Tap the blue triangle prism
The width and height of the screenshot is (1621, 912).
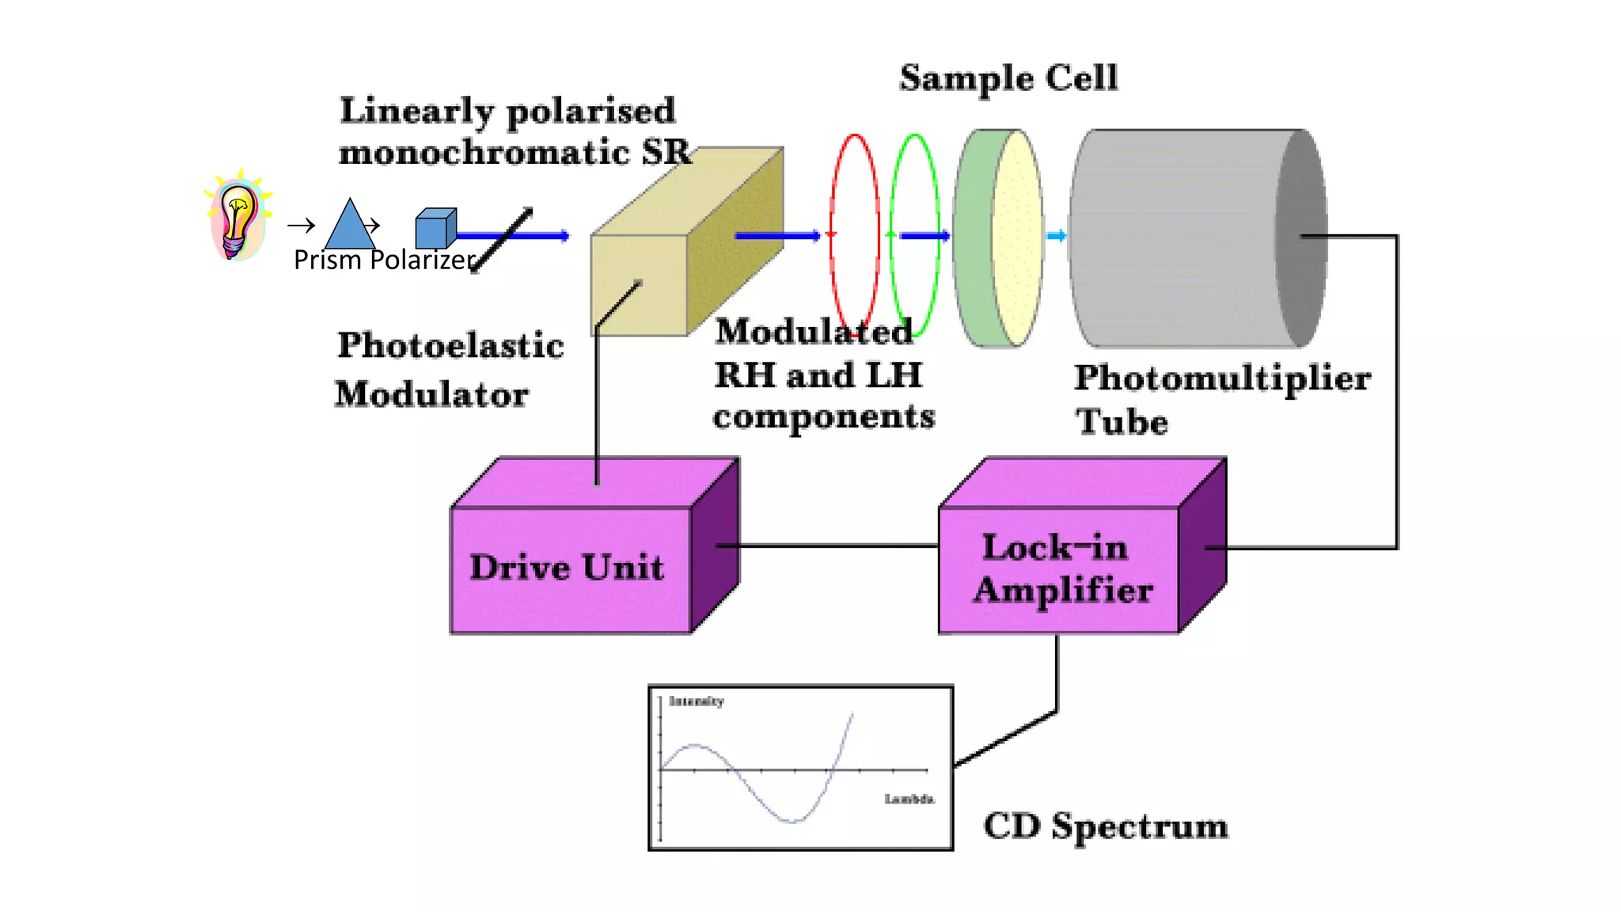coord(350,228)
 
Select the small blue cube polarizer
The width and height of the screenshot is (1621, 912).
coord(435,229)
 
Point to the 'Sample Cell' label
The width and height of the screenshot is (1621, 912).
coord(1008,78)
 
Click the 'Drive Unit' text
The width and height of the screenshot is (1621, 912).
coord(567,568)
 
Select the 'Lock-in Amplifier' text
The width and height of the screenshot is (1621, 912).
coord(1061,569)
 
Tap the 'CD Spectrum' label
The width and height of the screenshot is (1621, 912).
coord(1105,826)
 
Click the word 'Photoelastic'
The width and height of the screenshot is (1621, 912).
coord(450,346)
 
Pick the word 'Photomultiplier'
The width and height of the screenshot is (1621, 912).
coord(1221,378)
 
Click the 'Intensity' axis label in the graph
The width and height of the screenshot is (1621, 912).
coord(696,701)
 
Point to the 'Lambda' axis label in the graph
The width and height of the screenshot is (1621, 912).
coord(909,799)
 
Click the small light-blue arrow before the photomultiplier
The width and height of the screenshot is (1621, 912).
coord(1056,236)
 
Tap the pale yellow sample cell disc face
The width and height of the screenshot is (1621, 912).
coord(1018,237)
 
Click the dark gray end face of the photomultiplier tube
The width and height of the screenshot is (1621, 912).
coord(1300,237)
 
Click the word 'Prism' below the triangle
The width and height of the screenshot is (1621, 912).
coord(327,260)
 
